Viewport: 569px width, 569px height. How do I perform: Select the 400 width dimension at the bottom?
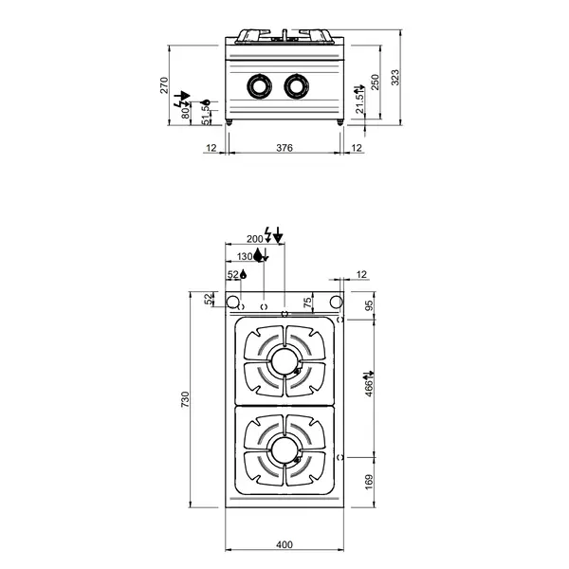click(x=284, y=543)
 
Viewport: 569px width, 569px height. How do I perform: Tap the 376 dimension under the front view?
click(x=284, y=148)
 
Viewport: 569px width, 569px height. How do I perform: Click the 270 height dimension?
click(x=165, y=85)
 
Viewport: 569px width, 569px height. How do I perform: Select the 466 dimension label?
click(x=370, y=385)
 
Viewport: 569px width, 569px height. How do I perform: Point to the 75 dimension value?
click(x=306, y=302)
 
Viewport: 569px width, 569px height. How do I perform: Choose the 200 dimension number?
click(x=253, y=239)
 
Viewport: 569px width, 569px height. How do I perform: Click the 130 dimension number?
click(x=244, y=256)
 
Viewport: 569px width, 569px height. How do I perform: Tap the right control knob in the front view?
click(x=296, y=86)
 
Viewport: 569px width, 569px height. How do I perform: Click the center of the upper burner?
click(x=284, y=360)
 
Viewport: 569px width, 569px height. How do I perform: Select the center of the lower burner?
click(x=284, y=447)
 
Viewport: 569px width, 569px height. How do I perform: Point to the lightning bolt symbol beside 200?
click(x=268, y=233)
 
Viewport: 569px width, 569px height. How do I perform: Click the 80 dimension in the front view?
click(x=186, y=111)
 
